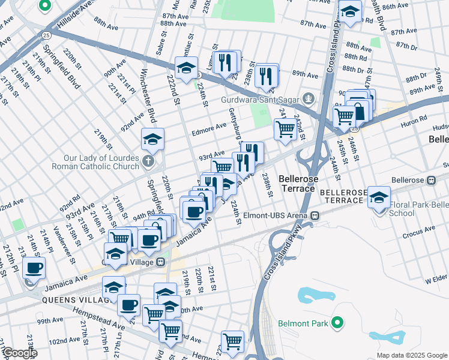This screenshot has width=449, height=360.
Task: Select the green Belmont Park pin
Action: click(x=337, y=324)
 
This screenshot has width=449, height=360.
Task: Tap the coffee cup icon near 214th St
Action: click(x=34, y=268)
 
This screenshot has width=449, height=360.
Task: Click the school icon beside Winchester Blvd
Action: click(x=152, y=140)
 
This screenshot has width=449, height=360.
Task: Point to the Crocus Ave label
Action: click(x=415, y=236)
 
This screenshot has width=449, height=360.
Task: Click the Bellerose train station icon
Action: click(x=431, y=180)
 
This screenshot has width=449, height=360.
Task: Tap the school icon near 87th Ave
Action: click(x=350, y=11)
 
